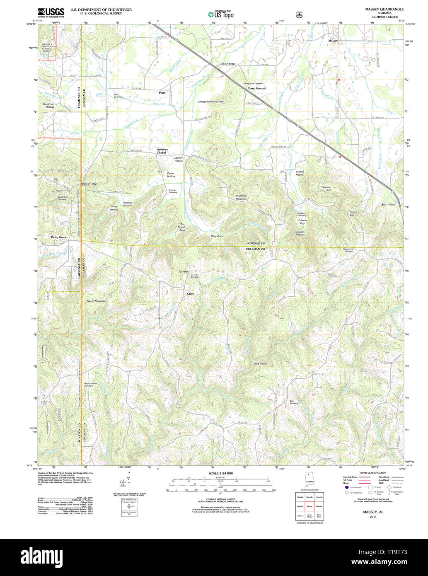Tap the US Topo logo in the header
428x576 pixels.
(220, 14)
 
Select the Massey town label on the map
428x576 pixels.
(333, 41)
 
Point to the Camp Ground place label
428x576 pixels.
(256, 88)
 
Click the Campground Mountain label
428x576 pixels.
(210, 102)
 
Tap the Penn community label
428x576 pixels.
(162, 93)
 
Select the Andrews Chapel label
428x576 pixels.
(162, 151)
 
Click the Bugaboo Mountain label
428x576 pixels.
(241, 197)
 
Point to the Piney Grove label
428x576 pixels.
(59, 237)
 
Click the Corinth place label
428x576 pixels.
(184, 271)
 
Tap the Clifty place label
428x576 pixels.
(190, 293)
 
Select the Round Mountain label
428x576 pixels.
(96, 301)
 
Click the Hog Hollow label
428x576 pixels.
(261, 363)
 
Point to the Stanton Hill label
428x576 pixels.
(326, 189)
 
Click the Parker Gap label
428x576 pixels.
(353, 213)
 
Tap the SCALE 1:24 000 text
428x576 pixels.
(220, 473)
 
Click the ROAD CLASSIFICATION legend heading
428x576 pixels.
(373, 473)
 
